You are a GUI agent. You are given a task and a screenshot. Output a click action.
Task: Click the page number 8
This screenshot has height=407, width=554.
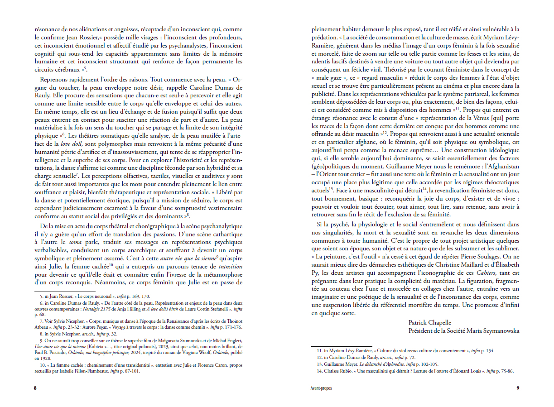(x=36, y=388)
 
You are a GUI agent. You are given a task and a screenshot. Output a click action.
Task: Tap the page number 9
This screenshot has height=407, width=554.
(x=518, y=388)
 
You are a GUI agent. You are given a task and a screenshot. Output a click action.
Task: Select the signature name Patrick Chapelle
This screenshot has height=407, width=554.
(x=430, y=322)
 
